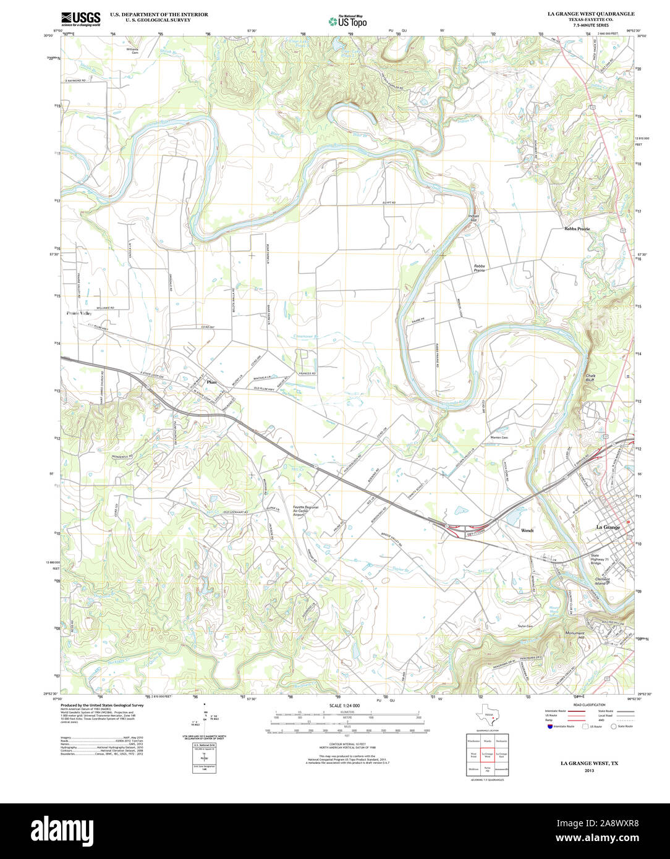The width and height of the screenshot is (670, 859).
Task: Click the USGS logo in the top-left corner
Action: [x=81, y=19]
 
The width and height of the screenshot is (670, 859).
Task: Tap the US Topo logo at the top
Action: [x=347, y=21]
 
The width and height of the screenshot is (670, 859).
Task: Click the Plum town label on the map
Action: [x=211, y=381]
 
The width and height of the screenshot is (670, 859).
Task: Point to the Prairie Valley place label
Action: [x=78, y=313]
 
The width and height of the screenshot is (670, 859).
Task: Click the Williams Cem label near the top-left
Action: [x=132, y=51]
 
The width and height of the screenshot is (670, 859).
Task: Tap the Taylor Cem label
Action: [x=525, y=626]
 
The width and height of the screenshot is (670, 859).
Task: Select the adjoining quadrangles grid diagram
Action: [x=487, y=754]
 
